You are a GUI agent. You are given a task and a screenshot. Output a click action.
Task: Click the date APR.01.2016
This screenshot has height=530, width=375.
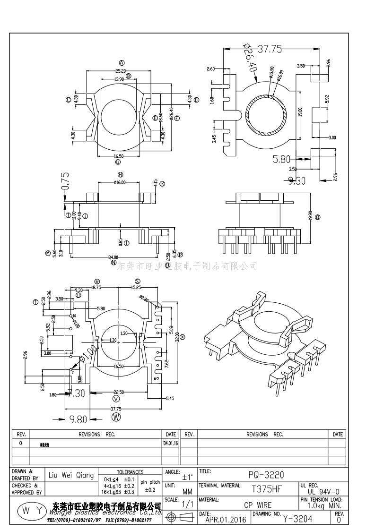[x=226, y=520]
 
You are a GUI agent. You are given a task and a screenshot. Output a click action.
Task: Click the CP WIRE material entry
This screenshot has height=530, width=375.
[x=258, y=504]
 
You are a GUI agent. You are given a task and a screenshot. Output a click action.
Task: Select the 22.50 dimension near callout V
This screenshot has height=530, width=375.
[x=118, y=392]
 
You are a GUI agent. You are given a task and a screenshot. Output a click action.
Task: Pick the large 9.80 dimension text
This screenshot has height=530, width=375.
[x=78, y=419]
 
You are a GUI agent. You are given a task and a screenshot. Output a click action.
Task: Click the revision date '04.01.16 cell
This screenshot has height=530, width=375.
[x=170, y=444]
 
